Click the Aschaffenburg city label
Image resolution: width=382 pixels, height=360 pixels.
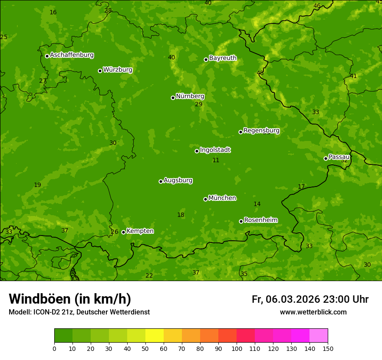coord(72,55)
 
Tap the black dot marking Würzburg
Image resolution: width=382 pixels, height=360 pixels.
coord(100,71)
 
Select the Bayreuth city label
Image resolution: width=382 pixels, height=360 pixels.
coord(223,58)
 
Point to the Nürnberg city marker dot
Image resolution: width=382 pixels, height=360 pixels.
coord(173,98)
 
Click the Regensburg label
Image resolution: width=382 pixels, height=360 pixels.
coord(261,131)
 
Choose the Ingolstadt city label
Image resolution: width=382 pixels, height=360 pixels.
coord(215,150)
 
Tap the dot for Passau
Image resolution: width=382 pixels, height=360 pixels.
coord(326,158)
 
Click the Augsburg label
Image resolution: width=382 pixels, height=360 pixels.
coord(178,180)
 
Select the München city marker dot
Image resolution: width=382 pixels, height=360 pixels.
coord(205,199)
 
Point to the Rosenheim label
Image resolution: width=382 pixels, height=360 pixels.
coord(260,220)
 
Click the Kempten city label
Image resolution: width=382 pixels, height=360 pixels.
coord(140,231)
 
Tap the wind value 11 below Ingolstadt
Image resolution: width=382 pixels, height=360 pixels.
coord(216,160)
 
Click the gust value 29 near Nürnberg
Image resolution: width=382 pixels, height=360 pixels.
coord(199,105)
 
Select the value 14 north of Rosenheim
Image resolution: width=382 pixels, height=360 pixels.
coord(257,204)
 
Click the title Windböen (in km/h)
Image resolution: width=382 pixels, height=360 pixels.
coord(70,299)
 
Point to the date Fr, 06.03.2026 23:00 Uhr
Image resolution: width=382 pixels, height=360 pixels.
coord(310,299)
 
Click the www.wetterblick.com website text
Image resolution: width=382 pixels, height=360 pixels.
coord(313,312)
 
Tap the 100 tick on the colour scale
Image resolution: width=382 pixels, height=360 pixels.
coord(237,348)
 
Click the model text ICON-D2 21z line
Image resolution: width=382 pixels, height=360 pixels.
coord(79,312)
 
